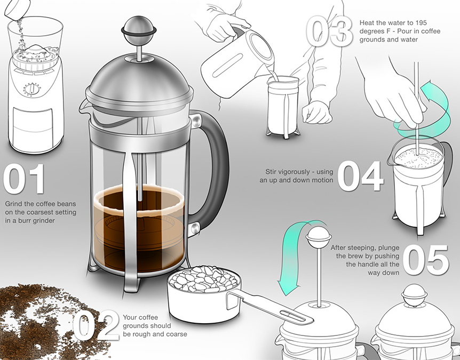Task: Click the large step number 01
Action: pos(24,179)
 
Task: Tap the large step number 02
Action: pos(96,325)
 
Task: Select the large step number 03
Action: pos(329,31)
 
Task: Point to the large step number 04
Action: pos(361,176)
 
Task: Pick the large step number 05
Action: pos(426,260)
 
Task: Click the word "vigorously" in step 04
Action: pos(296,172)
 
